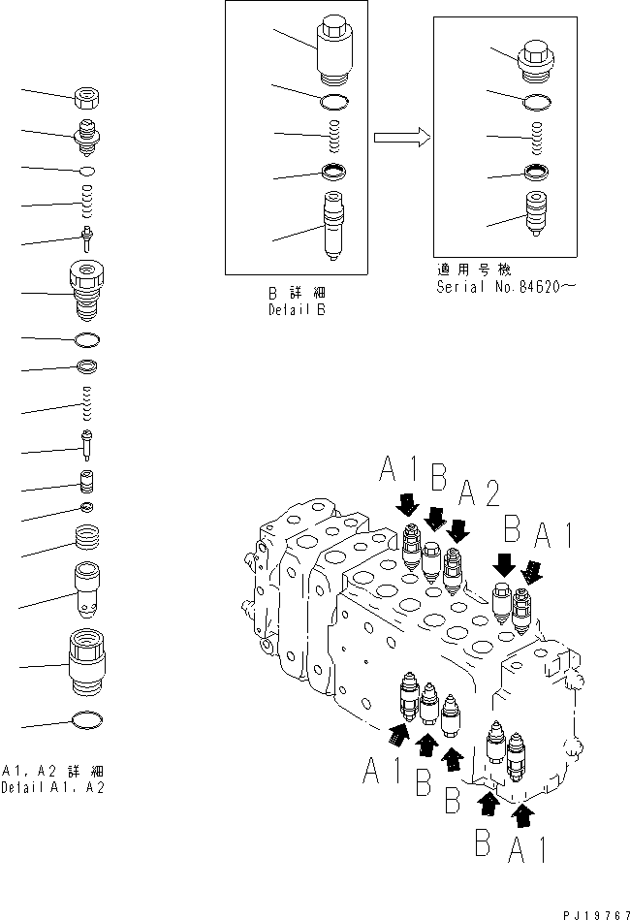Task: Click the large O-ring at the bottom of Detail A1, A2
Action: click(88, 721)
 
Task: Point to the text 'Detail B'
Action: click(297, 310)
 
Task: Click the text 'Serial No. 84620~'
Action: click(497, 286)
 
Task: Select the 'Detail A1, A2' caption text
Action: click(54, 786)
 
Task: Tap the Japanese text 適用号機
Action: click(474, 270)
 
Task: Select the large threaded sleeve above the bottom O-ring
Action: click(88, 661)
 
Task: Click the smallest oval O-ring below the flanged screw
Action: click(87, 171)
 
